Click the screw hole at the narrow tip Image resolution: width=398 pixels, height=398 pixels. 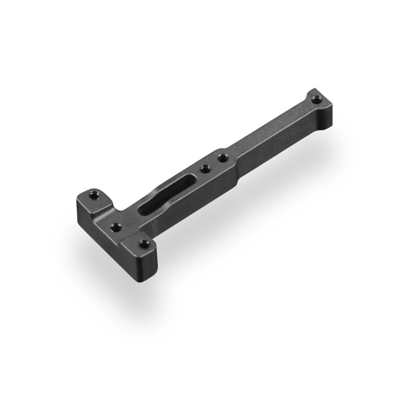point(315,100)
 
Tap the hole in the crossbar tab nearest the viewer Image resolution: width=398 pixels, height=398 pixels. point(144,244)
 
